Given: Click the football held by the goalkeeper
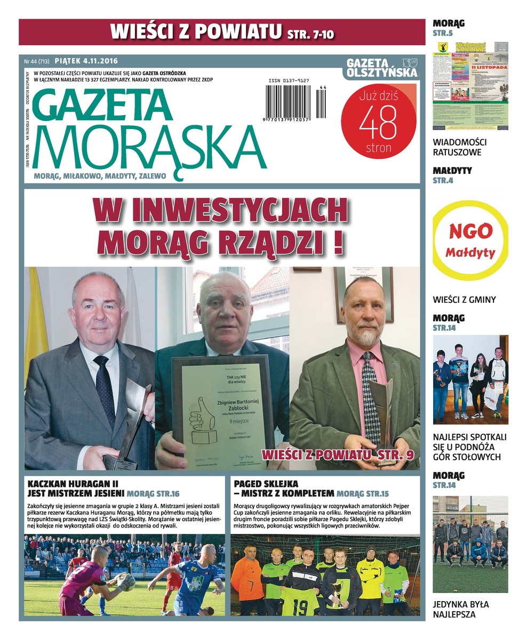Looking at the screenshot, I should [124, 581].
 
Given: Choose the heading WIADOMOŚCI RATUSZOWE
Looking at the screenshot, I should [459, 147].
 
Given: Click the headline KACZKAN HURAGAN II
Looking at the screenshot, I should [73, 484].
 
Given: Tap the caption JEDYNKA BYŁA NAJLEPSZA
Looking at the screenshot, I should [461, 609].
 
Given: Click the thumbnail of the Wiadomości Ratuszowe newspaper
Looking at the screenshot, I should [470, 85].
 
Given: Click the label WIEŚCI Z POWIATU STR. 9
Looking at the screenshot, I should [338, 455].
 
